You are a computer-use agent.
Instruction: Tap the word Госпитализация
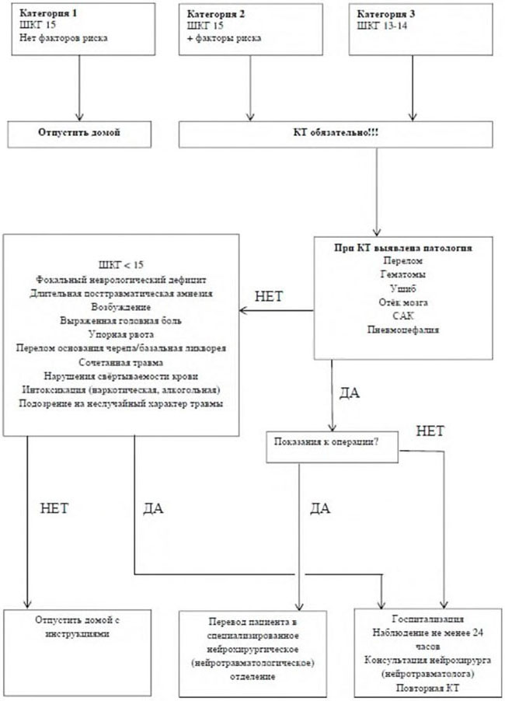(x=420, y=619)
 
